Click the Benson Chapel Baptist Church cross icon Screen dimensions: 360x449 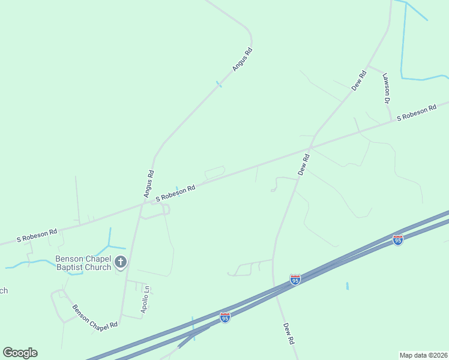point(121,262)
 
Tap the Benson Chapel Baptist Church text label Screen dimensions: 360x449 point(83,263)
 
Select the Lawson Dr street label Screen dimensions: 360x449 point(387,89)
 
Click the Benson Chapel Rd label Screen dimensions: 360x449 point(95,318)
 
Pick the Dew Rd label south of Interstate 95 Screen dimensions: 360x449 point(289,332)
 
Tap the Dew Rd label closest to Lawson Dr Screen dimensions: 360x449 point(359,81)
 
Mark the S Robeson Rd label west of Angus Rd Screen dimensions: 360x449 point(37,235)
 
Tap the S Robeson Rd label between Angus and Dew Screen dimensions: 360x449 point(175,193)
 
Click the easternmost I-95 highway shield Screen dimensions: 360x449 point(397,240)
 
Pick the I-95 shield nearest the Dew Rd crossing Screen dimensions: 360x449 point(295,280)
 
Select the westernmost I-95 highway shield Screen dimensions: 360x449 point(224,317)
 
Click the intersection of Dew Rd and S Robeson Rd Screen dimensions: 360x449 point(310,147)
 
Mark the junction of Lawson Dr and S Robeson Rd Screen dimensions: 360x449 point(391,121)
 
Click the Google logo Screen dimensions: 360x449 point(20,353)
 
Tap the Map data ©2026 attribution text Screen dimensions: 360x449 point(424,355)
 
